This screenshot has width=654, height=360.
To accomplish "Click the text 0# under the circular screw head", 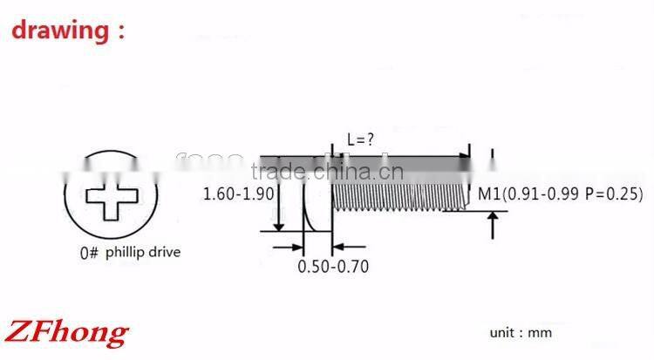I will coord(89,254).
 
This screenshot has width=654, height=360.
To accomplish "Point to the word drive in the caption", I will coord(166,254).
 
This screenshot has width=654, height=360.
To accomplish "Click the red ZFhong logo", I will coord(68,331).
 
